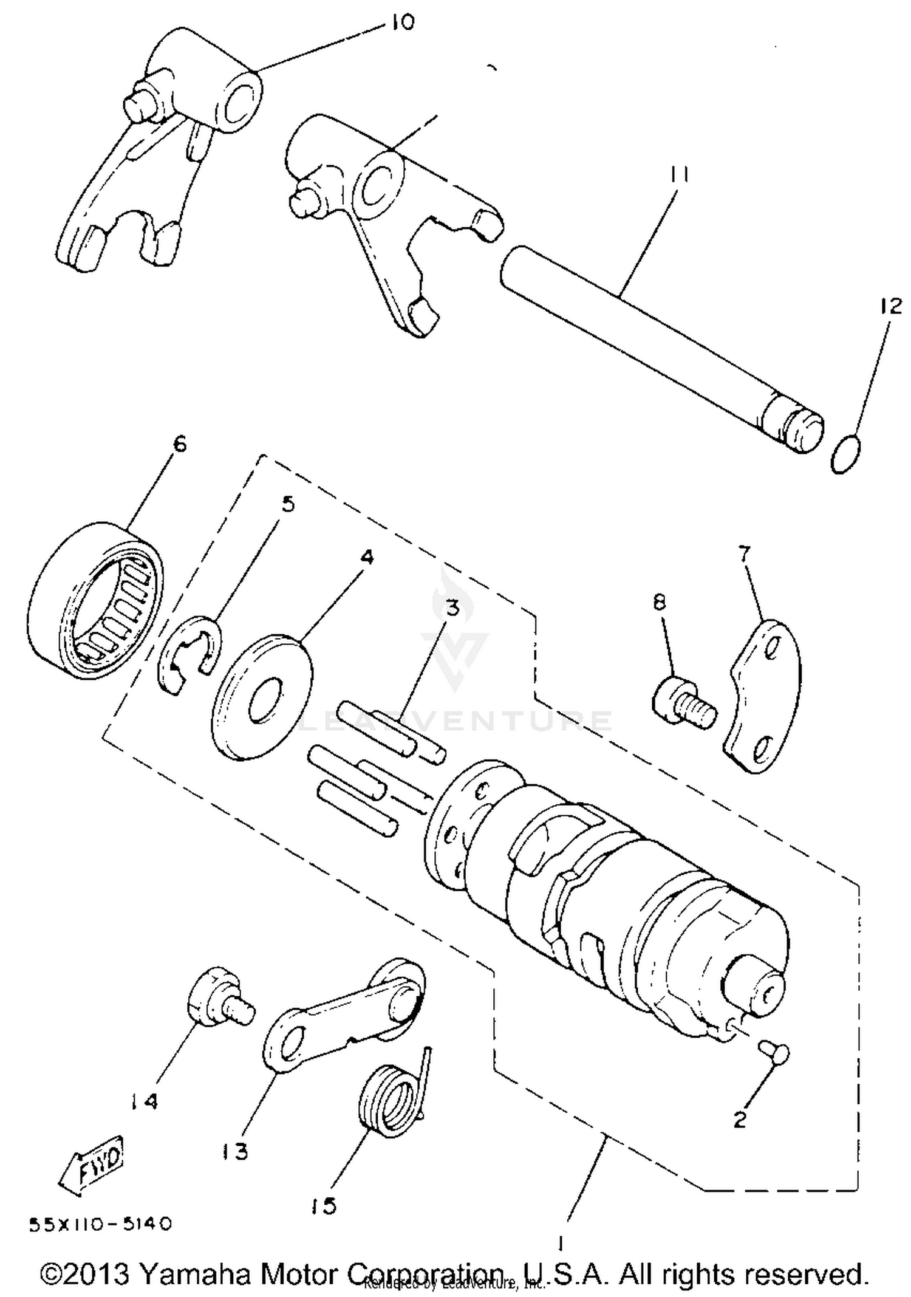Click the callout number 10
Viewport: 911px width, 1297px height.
click(403, 22)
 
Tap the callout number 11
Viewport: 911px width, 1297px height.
click(679, 175)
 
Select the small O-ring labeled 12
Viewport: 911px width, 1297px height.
click(846, 455)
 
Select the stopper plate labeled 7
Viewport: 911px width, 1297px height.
click(763, 696)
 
